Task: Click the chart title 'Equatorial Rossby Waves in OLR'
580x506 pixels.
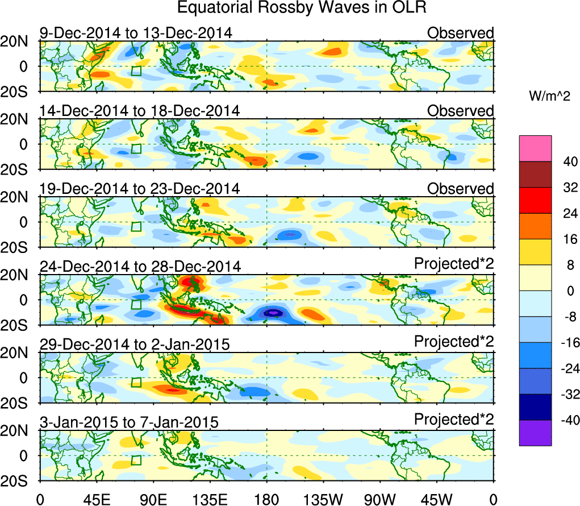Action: [302, 9]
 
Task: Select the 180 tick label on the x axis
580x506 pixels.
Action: [266, 499]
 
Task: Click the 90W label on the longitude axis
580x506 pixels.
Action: [380, 499]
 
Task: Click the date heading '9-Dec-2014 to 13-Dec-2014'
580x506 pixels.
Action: [136, 33]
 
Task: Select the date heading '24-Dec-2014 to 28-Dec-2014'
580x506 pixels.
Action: [140, 266]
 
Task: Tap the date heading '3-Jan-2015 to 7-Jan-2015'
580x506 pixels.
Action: [129, 422]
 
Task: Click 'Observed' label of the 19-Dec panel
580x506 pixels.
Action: [461, 188]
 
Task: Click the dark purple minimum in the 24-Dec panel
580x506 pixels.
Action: [274, 313]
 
